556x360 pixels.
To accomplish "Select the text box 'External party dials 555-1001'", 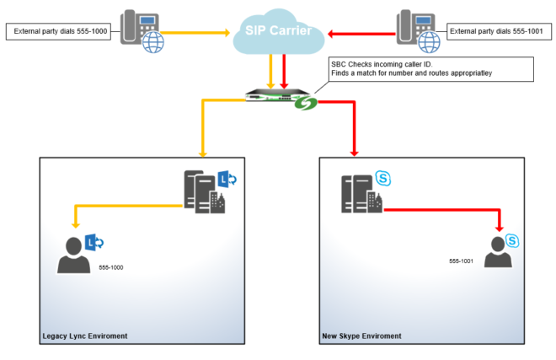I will pyautogui.click(x=499, y=32).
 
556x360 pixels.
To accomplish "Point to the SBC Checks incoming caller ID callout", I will pyautogui.click(x=430, y=69).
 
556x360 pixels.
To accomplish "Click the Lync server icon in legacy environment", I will pyautogui.click(x=202, y=190).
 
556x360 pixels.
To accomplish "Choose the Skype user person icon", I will pyautogui.click(x=500, y=251).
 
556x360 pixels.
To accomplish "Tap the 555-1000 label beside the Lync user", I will pyautogui.click(x=110, y=267).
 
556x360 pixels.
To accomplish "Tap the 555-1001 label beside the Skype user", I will pyautogui.click(x=461, y=261).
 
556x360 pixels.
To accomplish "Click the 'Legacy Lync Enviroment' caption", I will pyautogui.click(x=84, y=336).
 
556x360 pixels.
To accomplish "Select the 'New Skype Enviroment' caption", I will pyautogui.click(x=361, y=336).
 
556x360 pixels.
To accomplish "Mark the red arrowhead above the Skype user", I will pyautogui.click(x=500, y=228).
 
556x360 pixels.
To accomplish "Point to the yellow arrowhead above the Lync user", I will pyautogui.click(x=75, y=226).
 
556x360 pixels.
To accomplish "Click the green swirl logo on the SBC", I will pyautogui.click(x=307, y=104).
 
